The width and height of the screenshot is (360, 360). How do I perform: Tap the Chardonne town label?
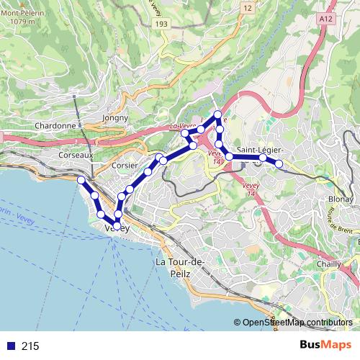pyautogui.click(x=55, y=125)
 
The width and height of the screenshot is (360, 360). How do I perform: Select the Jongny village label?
pyautogui.click(x=115, y=117)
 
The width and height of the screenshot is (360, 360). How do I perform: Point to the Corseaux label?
pyautogui.click(x=76, y=155)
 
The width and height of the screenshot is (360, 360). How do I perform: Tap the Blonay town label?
pyautogui.click(x=340, y=198)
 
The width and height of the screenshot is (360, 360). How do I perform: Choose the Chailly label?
pyautogui.click(x=328, y=264)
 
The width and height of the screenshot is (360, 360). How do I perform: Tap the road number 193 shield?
pyautogui.click(x=161, y=24)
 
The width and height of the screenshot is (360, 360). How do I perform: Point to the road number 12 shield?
pyautogui.click(x=248, y=8)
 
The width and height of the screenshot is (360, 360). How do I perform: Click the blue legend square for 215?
pyautogui.click(x=10, y=346)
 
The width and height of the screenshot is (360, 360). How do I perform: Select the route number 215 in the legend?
pyautogui.click(x=30, y=346)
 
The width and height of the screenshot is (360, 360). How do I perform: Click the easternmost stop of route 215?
pyautogui.click(x=279, y=164)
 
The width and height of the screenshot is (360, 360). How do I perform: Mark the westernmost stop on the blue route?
pyautogui.click(x=81, y=179)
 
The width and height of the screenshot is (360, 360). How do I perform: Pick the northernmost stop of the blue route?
pyautogui.click(x=218, y=114)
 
